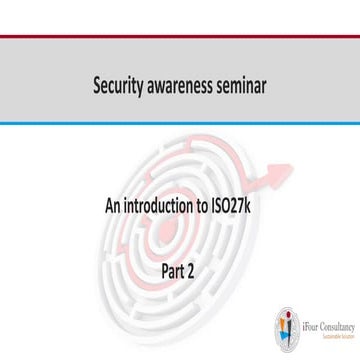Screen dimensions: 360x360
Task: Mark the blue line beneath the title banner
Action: (x=180, y=123)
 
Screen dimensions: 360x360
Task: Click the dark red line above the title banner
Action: (x=180, y=36)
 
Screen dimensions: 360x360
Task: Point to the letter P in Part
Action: (x=165, y=268)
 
